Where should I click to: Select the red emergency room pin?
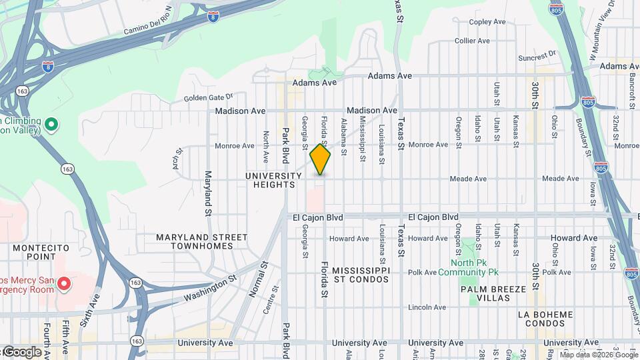[x=64, y=285]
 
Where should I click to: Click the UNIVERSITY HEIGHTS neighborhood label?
[x=273, y=180]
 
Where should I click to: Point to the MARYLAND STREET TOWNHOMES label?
[x=201, y=241]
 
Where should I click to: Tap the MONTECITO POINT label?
[x=41, y=252]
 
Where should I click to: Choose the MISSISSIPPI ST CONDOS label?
[x=361, y=275]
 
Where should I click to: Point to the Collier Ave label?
[x=472, y=41]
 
